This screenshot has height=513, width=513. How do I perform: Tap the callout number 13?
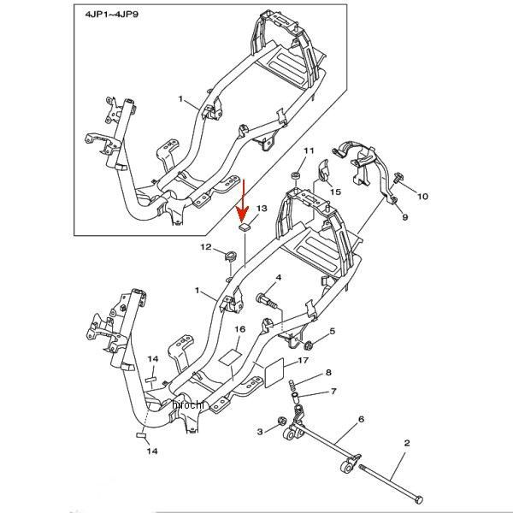click(262, 209)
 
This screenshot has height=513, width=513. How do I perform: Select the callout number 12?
click(205, 247)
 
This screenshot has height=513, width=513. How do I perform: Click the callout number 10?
click(422, 197)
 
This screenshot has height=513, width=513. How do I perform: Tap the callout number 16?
click(240, 329)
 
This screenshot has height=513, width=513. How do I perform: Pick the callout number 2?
click(407, 443)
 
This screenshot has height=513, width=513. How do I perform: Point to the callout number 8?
click(327, 373)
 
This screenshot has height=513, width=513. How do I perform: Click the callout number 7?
click(334, 391)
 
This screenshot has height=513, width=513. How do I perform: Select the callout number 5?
click(333, 331)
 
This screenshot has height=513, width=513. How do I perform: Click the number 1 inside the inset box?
click(181, 100)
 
